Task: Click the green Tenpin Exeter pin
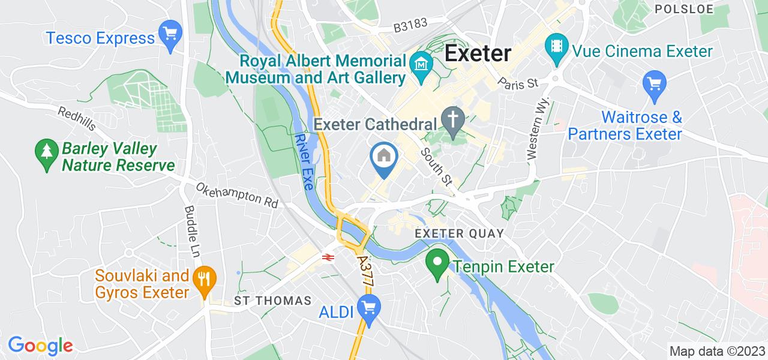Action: [x=437, y=263]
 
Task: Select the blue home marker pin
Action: [x=384, y=157]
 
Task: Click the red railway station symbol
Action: [x=328, y=257]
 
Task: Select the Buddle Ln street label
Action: [x=192, y=232]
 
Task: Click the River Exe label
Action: [x=304, y=161]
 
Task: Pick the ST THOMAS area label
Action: [x=273, y=300]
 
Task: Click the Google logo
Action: [x=40, y=346]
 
